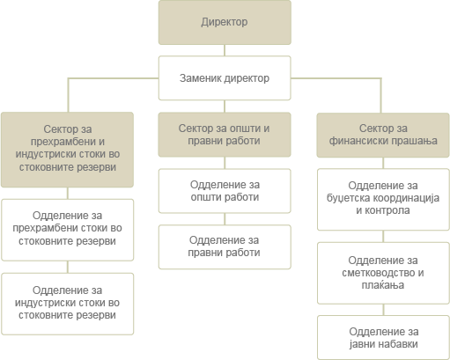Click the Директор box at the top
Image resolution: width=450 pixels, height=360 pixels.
225,22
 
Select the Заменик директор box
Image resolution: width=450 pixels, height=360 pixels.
225,78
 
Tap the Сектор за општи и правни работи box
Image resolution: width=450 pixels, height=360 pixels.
225,135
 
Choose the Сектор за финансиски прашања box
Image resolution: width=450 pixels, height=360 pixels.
383,135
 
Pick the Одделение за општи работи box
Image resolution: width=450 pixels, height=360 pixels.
225,191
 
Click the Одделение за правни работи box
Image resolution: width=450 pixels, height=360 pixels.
225,246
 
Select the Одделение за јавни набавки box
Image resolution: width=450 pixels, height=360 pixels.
383,338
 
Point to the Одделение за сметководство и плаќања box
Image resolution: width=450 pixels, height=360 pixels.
383,273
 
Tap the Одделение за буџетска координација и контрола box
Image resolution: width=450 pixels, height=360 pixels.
383,199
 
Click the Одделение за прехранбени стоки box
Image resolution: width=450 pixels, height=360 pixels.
68,230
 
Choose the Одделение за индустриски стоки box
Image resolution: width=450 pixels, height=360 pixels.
68,304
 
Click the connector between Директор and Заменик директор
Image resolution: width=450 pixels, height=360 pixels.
225,50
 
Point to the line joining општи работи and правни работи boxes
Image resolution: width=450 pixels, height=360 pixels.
225,219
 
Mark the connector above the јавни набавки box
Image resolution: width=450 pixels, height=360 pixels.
383,310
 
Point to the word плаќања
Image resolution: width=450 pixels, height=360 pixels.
383,284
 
